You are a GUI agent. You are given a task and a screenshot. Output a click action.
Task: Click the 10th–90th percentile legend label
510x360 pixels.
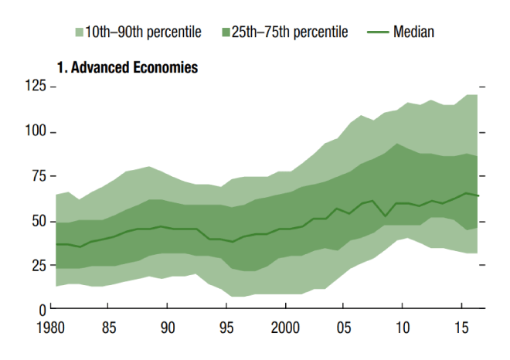pos(144,32)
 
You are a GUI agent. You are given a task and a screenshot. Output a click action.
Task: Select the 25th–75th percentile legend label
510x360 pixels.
pos(290,32)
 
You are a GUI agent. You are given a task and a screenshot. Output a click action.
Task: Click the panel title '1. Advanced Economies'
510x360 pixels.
pos(127,68)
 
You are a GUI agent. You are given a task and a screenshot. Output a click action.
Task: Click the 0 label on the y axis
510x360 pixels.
pos(43,310)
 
